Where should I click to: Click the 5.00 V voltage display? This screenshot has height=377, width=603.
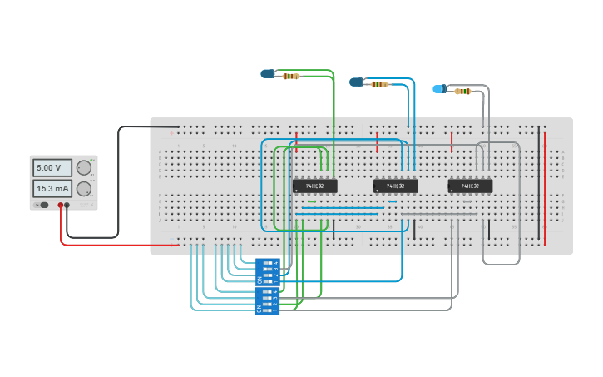coord(52,168)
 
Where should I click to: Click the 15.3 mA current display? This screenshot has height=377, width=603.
coord(52,189)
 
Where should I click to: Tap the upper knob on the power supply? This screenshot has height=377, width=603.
coord(83,168)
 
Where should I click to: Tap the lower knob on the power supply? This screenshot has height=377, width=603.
coord(83,189)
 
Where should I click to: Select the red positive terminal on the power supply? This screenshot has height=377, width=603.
coord(61,205)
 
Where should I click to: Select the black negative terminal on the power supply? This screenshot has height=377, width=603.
coord(67,205)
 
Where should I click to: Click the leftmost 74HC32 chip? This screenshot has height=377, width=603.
coord(314,186)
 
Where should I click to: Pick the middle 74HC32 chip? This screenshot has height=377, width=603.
coord(396,186)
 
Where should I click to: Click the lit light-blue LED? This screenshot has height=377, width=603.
coord(438,88)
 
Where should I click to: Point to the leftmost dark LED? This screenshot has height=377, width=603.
coord(268,74)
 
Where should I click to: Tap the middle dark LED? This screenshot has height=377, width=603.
coord(357,82)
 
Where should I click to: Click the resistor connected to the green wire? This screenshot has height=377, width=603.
coord(291,76)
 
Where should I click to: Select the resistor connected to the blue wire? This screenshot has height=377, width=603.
coord(379,84)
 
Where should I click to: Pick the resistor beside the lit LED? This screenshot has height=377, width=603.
coord(462,91)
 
